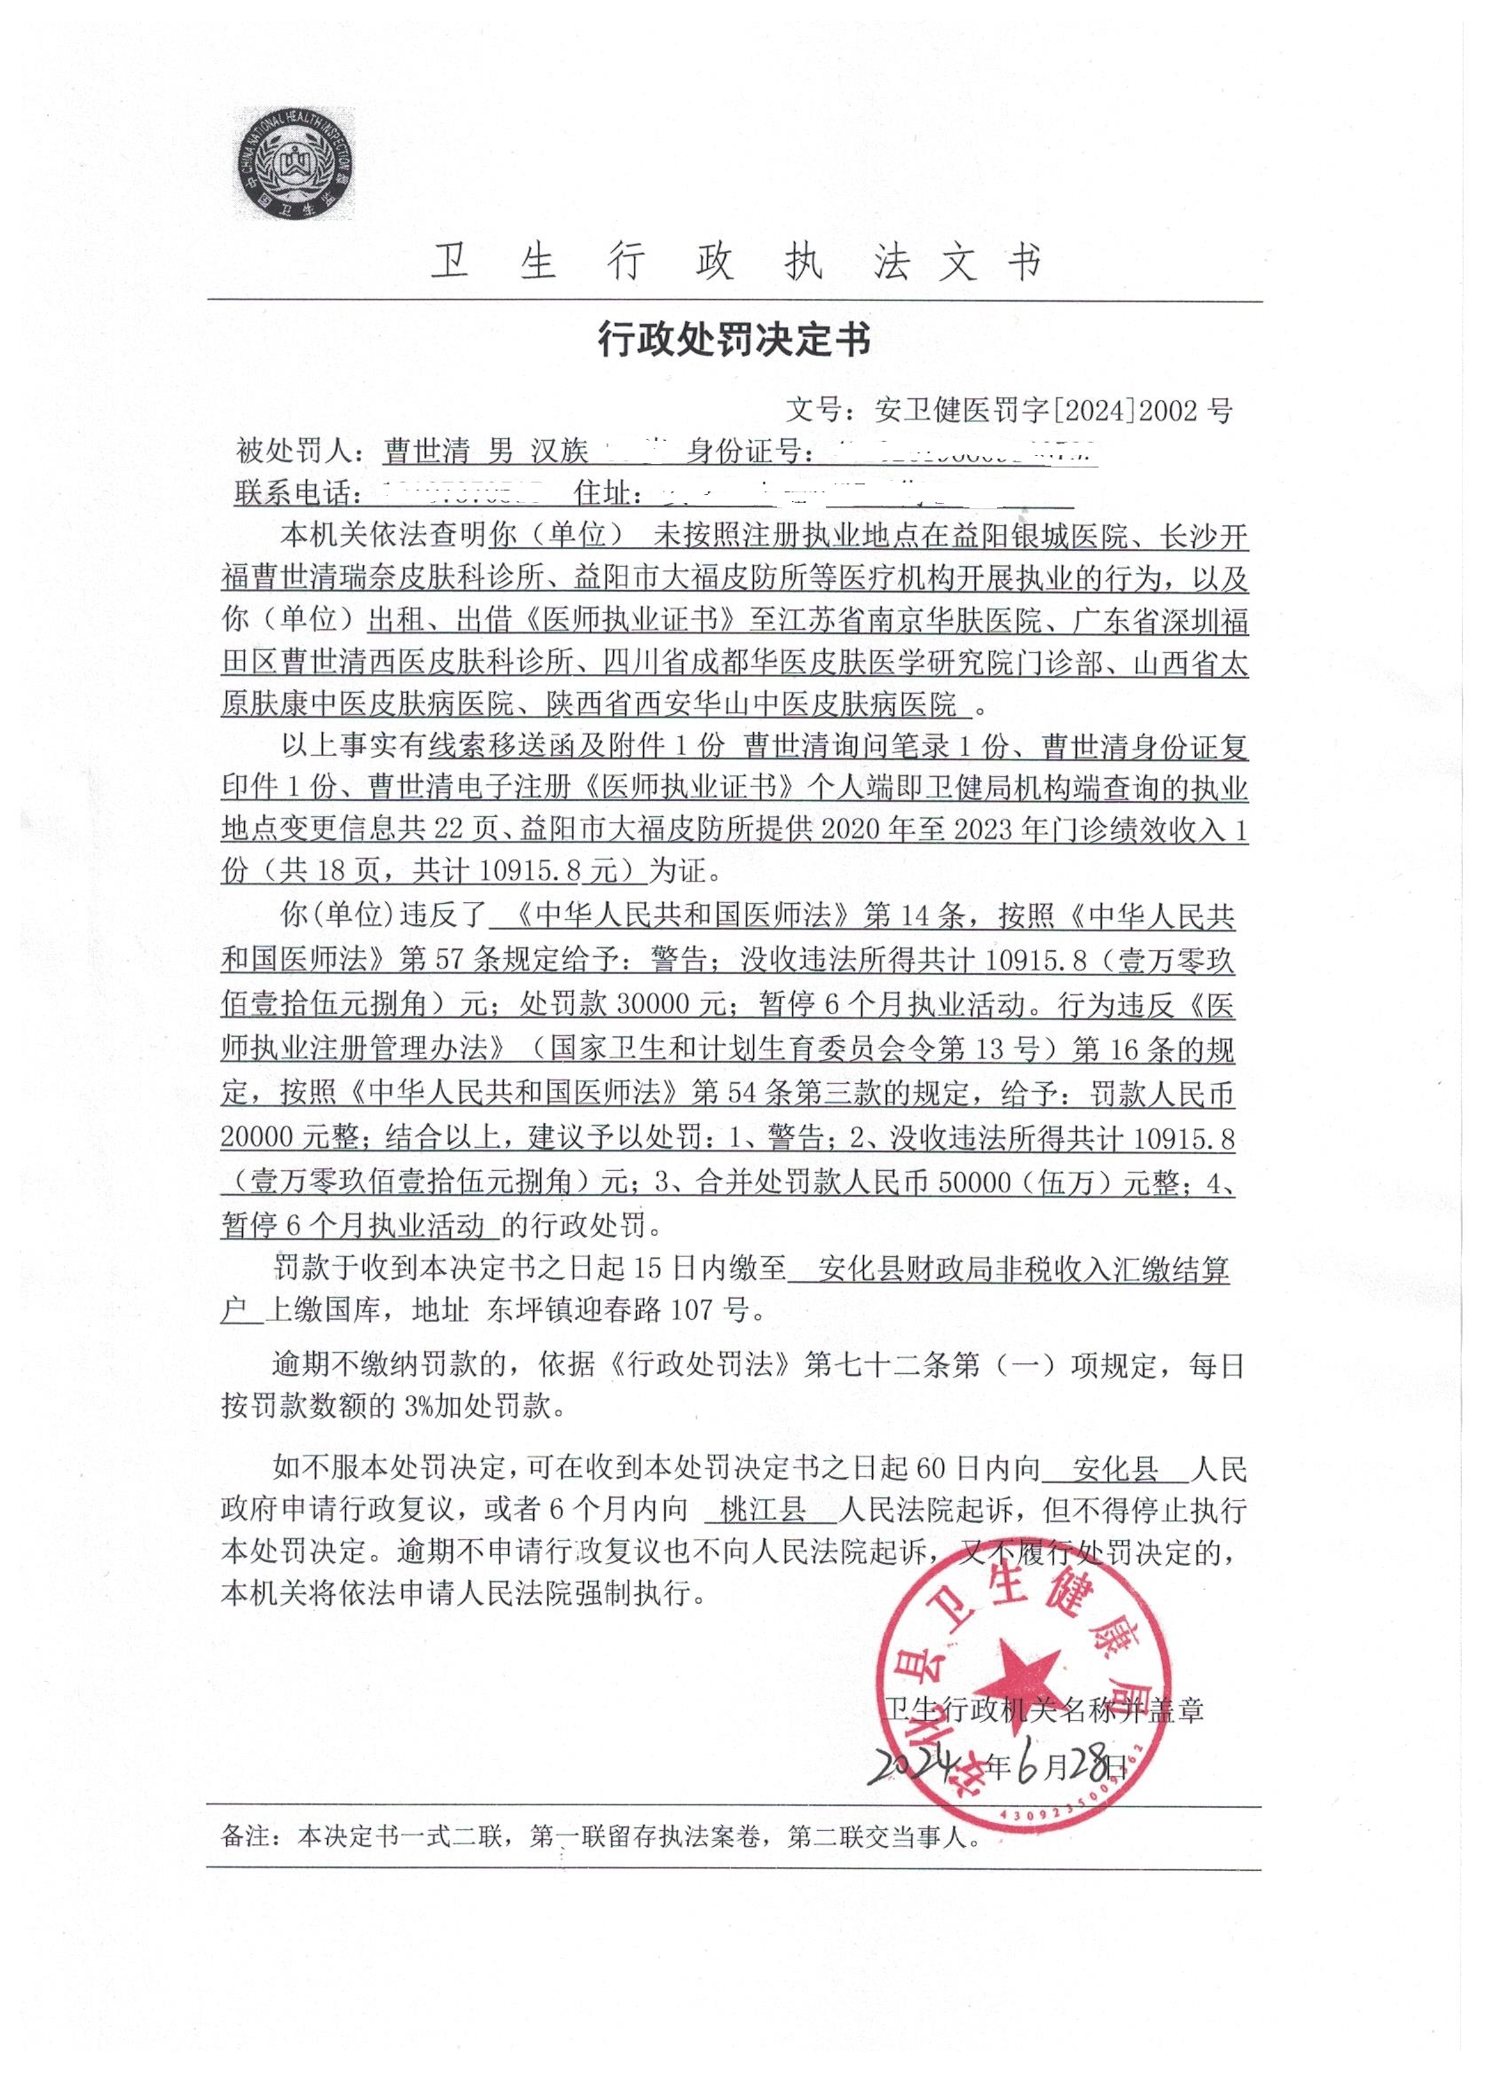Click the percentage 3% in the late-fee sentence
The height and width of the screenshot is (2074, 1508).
420,1406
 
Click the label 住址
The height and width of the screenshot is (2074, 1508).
604,494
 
